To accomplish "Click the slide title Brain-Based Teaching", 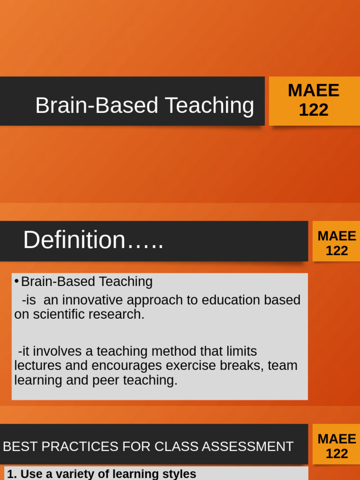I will click(144, 105).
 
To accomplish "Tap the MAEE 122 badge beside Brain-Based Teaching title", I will click(314, 100).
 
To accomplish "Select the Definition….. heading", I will click(93, 240).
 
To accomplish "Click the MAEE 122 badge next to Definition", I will click(337, 243).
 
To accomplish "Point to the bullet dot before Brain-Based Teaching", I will click(16, 281).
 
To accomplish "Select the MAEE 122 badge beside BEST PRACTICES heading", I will click(337, 446).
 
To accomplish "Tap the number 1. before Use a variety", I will click(12, 473).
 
